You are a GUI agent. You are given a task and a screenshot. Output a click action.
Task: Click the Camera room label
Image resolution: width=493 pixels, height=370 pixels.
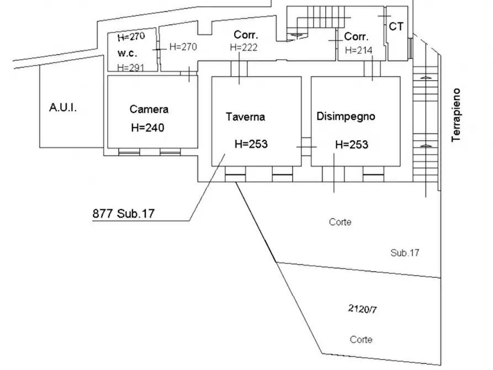[149, 109]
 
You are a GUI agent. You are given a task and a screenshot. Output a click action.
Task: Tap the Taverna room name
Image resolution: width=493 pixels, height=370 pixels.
[245, 117]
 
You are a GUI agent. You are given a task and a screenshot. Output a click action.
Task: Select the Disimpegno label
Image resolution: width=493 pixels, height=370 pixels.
[346, 117]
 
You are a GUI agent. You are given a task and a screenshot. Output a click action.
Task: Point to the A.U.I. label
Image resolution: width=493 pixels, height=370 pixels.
[63, 108]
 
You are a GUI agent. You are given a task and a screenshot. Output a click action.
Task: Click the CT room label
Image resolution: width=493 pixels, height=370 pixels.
[396, 27]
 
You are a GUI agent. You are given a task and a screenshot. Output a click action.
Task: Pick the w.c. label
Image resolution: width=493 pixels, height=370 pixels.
[128, 53]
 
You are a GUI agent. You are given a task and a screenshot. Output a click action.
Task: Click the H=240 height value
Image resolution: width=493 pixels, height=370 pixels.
[148, 128]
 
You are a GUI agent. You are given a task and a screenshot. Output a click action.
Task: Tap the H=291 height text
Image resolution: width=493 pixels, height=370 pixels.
[131, 67]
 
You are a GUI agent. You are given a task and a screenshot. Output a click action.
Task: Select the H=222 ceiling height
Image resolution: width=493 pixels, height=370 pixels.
[243, 47]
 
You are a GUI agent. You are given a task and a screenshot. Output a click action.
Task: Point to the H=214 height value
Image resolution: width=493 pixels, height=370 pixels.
[359, 50]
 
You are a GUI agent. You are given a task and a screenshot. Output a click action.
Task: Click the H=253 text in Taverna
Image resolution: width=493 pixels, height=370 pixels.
[251, 144]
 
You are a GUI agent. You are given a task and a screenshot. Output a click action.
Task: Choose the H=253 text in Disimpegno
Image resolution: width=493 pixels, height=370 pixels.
[352, 145]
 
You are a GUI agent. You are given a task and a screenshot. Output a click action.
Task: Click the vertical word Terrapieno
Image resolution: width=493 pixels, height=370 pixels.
[456, 115]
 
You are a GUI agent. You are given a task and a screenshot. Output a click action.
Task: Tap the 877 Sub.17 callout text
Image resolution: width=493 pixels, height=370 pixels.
[124, 214]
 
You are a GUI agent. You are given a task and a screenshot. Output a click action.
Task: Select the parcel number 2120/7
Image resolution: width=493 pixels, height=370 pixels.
[363, 309]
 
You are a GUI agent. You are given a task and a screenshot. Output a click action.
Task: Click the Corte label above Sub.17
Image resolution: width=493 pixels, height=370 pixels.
[340, 222]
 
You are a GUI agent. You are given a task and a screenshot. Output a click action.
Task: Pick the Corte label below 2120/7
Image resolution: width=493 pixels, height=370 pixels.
[361, 340]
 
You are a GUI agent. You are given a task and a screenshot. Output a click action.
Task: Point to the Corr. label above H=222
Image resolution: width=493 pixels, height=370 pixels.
[246, 35]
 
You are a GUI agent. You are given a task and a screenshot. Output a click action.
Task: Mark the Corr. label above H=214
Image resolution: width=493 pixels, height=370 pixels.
[356, 36]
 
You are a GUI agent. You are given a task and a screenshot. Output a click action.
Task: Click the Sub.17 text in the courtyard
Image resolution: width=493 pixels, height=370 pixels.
[405, 252]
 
